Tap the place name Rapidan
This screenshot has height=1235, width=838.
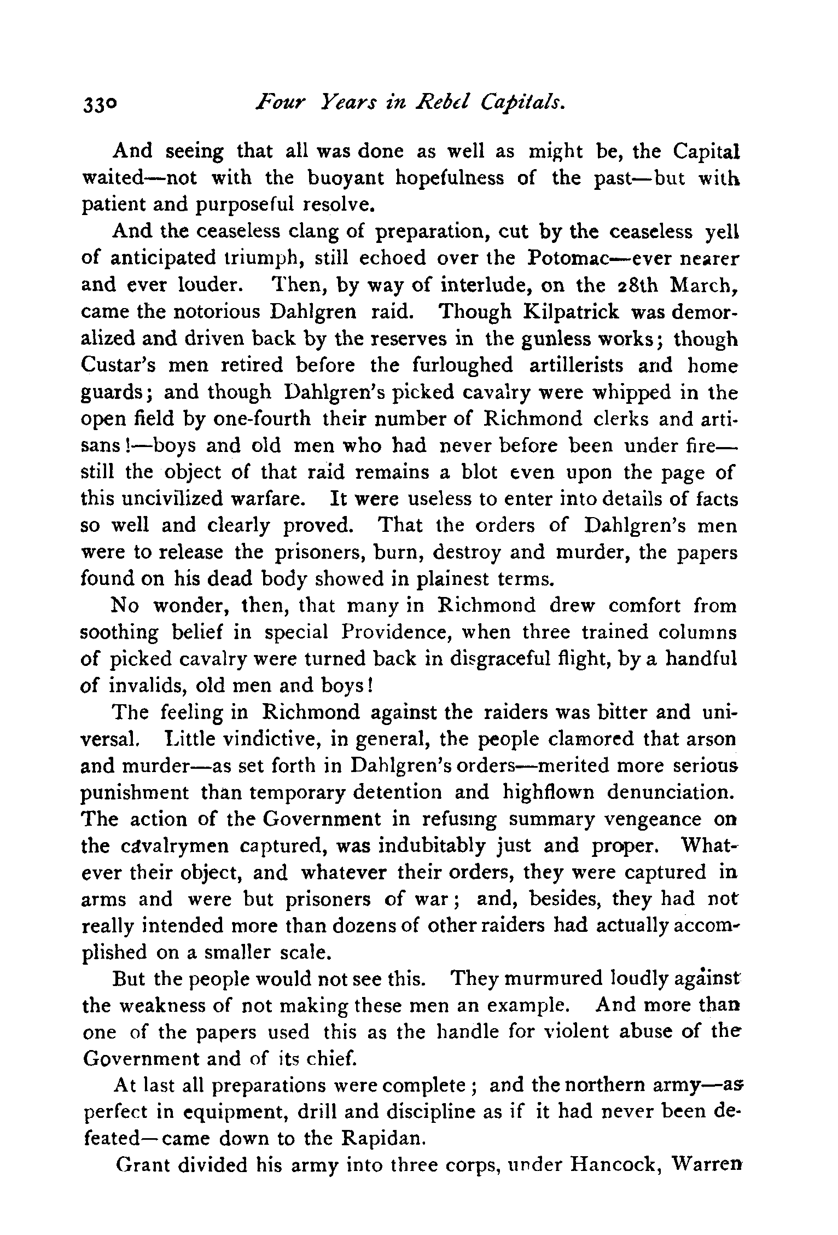[x=382, y=1138]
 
